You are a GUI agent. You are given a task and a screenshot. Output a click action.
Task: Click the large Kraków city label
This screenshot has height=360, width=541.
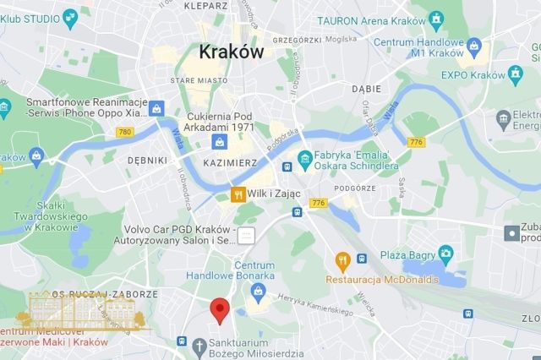(231, 51)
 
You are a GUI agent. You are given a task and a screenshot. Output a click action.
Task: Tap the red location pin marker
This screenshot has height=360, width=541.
(220, 310)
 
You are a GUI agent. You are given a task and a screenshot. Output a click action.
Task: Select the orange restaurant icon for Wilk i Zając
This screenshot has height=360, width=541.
(239, 195)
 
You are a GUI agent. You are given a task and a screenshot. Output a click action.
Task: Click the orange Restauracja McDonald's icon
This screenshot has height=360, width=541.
(342, 259)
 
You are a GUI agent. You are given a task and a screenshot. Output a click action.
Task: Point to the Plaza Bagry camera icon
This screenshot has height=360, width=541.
(445, 253)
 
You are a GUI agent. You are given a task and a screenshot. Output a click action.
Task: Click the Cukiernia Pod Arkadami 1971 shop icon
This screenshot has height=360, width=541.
(219, 139)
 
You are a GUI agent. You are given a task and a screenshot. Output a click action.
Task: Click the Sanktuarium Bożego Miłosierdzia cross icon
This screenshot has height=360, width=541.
(199, 346)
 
